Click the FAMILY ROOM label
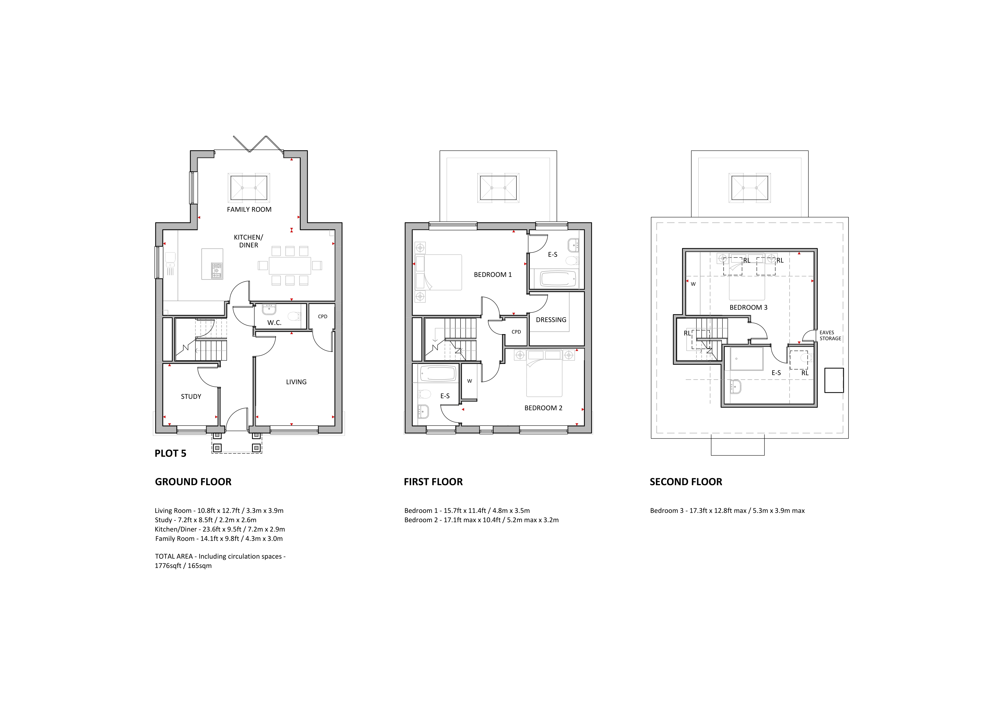[249, 209]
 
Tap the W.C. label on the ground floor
[274, 323]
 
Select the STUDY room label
[191, 396]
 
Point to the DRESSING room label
[551, 320]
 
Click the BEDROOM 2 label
[543, 408]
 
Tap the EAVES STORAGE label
[830, 336]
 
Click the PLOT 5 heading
[170, 454]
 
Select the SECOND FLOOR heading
[686, 482]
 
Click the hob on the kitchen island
[216, 270]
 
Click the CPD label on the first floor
[516, 332]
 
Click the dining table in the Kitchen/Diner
[290, 265]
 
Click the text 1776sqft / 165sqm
[183, 566]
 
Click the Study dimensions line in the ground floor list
[205, 520]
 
